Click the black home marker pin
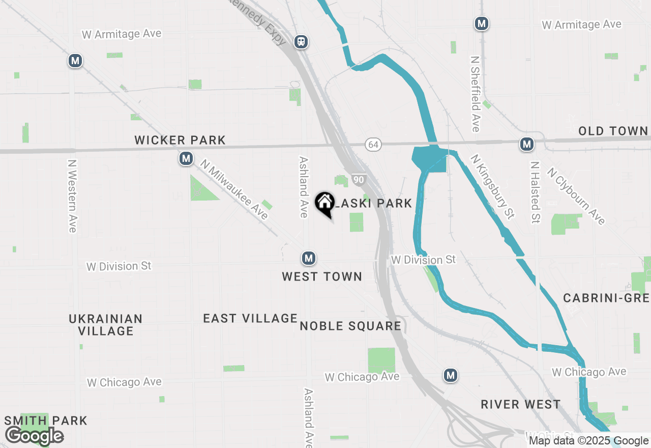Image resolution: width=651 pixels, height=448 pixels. (324, 204)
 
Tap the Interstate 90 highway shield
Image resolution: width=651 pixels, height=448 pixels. (359, 180)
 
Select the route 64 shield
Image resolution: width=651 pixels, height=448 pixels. (373, 145)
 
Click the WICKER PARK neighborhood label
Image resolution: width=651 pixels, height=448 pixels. (180, 140)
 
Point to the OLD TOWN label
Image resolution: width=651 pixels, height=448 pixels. (613, 131)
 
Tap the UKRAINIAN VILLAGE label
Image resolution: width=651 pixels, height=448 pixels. (106, 325)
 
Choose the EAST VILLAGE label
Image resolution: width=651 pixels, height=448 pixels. (250, 318)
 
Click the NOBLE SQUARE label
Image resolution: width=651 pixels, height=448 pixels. (350, 326)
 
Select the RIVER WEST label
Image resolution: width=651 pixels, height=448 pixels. (521, 404)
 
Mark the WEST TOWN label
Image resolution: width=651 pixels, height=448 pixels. (322, 276)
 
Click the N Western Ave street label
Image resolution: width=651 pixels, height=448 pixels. (72, 197)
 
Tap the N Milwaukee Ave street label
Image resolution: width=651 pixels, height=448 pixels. (234, 190)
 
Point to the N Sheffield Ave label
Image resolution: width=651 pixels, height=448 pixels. (476, 94)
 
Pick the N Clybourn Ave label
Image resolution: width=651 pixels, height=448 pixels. (576, 195)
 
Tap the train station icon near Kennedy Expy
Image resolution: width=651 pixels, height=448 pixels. (302, 42)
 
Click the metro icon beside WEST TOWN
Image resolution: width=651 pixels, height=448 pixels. (308, 259)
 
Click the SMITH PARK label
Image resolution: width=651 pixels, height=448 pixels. (46, 421)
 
